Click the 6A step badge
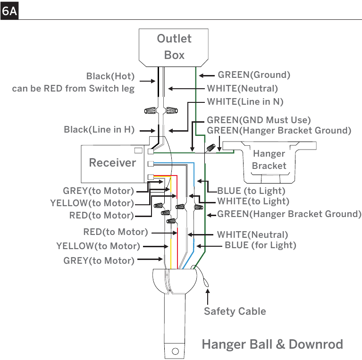(9, 11)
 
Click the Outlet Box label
(174, 47)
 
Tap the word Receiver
(112, 163)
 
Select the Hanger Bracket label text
(269, 159)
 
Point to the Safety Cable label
(235, 311)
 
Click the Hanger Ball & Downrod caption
(272, 344)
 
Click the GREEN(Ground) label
(254, 75)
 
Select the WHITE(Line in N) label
(245, 102)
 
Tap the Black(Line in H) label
(99, 129)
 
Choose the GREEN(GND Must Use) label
(259, 120)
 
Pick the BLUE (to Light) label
(251, 191)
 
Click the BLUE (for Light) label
(261, 245)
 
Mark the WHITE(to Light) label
(253, 201)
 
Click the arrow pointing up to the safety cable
(208, 297)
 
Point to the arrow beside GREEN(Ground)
(207, 75)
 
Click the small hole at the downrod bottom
(176, 351)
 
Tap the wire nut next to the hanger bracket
(211, 148)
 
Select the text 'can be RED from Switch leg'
(73, 88)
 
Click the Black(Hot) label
(110, 76)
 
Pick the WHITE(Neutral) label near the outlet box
(243, 88)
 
